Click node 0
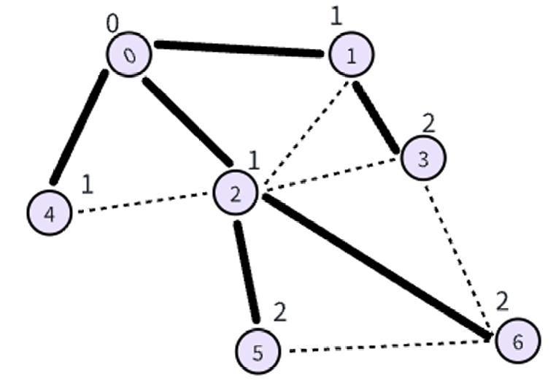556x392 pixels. [x=129, y=55]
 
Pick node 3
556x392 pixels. [x=422, y=158]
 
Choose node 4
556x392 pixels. [x=50, y=212]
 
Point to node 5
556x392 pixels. [x=258, y=352]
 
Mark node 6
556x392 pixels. [x=517, y=341]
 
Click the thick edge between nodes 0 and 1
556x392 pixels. [x=239, y=49]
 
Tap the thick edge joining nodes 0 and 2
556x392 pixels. [x=188, y=122]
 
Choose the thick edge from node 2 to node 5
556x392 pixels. [x=246, y=271]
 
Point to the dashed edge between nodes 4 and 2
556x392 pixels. [x=142, y=203]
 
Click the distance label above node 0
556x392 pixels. [x=112, y=24]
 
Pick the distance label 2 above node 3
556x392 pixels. [x=428, y=123]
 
